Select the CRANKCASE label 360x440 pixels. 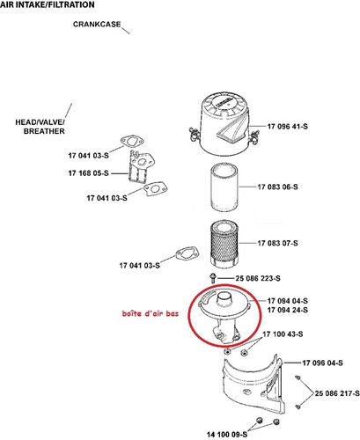tap(97, 26)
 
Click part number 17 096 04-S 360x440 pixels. tap(326, 363)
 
